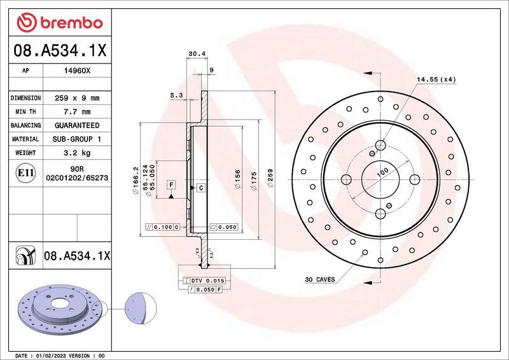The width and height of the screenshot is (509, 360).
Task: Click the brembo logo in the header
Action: click(x=59, y=23)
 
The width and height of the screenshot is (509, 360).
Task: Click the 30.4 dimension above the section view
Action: click(x=196, y=54)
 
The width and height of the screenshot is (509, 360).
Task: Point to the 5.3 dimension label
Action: click(x=176, y=95)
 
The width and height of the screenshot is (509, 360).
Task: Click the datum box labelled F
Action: click(x=171, y=185)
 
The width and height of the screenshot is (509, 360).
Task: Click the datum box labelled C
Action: click(x=200, y=188)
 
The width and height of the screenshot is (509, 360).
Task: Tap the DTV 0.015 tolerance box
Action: click(x=204, y=280)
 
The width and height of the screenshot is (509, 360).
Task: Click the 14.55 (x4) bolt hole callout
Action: click(x=436, y=80)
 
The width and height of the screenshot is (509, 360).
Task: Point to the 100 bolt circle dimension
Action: click(x=382, y=172)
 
